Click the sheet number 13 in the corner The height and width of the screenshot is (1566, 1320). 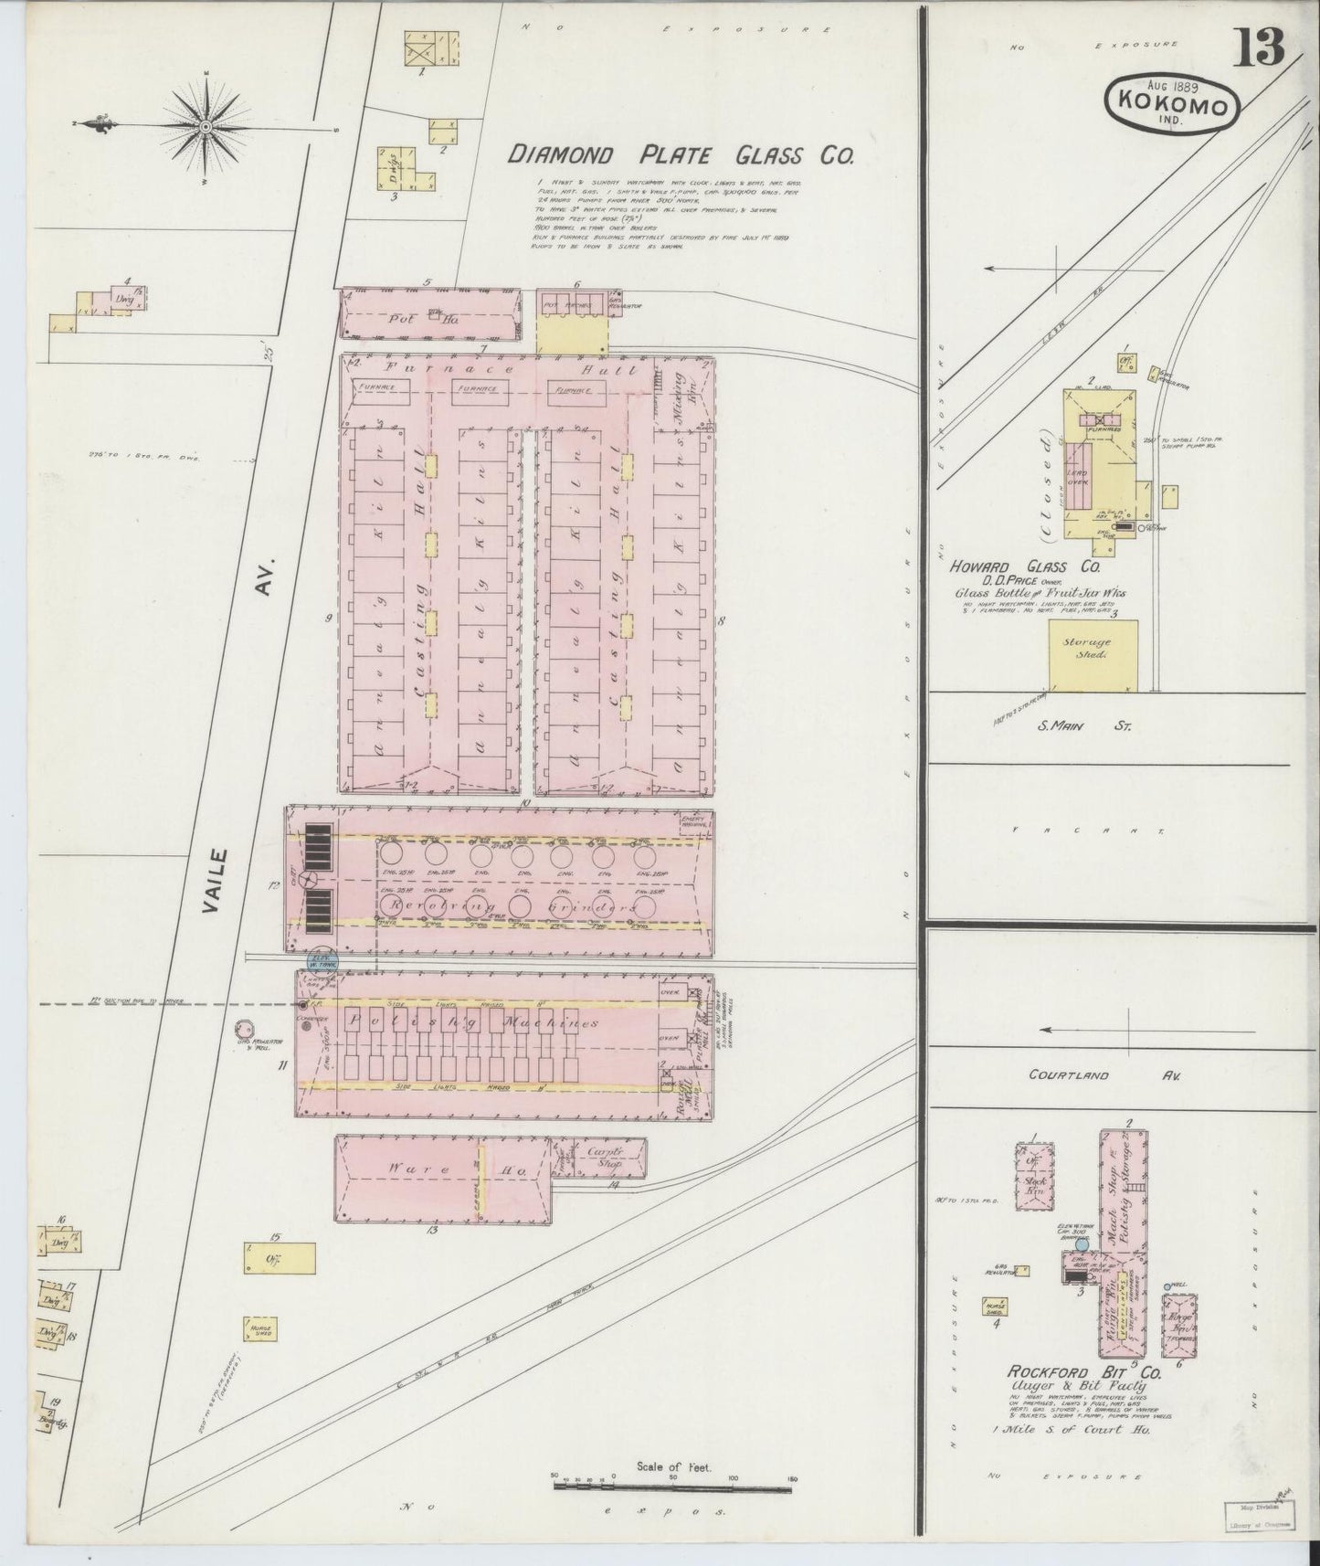coord(1260,47)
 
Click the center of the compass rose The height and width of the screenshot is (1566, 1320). coord(206,124)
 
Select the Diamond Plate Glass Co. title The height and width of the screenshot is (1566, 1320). coord(681,154)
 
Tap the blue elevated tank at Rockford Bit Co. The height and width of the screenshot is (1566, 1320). coord(1082,1245)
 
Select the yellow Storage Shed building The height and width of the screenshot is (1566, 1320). coord(1093,654)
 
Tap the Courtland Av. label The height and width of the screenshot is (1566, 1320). coord(1105,1075)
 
